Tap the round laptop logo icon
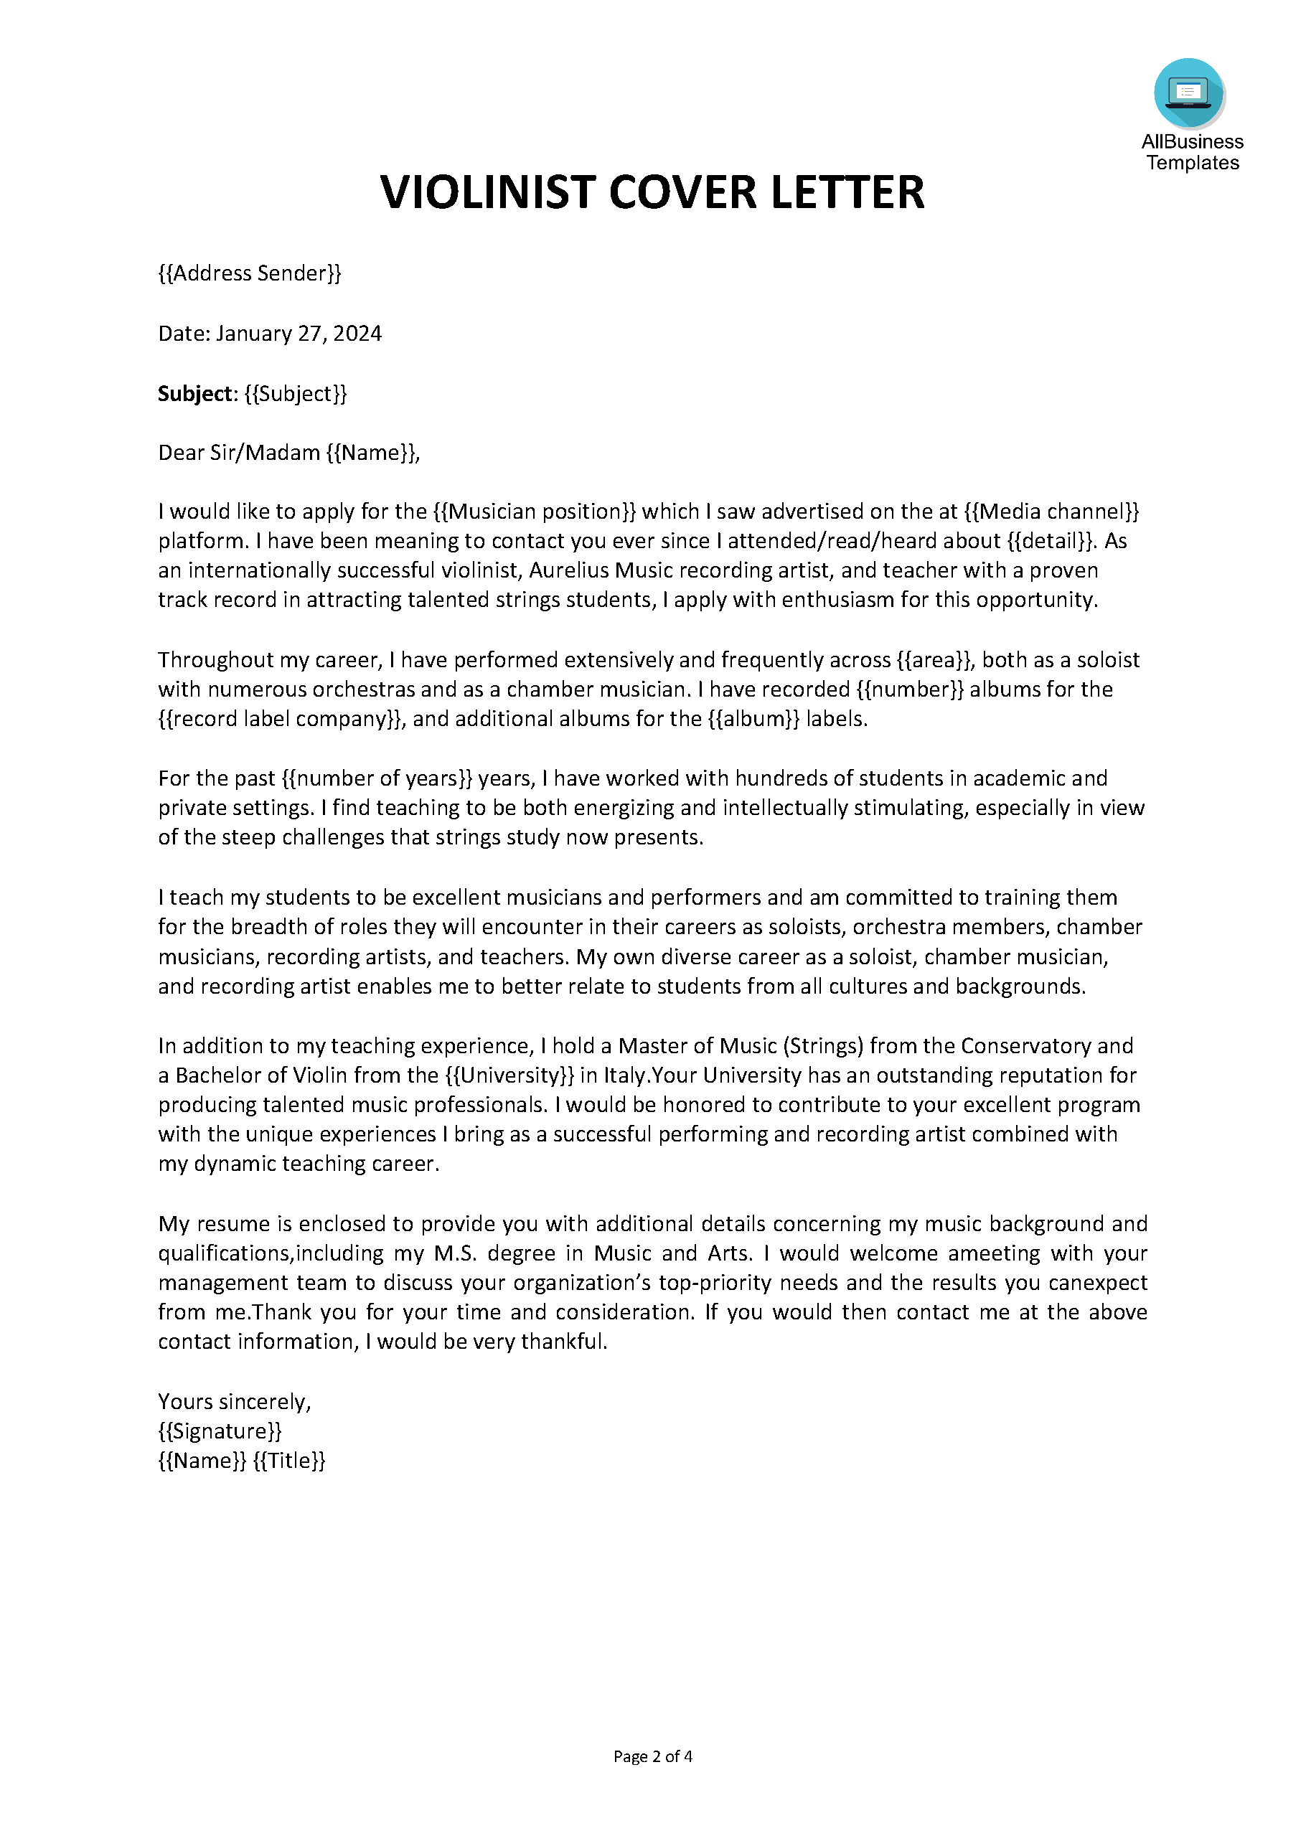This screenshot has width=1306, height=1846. pos(1188,93)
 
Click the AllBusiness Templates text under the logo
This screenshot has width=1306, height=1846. pos(1192,152)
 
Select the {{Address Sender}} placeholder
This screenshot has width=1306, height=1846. pos(249,273)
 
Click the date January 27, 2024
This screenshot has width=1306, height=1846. pos(299,334)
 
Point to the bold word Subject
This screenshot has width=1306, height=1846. pos(195,393)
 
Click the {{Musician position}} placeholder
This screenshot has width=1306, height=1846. pos(534,512)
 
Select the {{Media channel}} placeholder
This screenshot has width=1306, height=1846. pos(1052,512)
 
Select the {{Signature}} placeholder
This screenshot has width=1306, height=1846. pos(220,1431)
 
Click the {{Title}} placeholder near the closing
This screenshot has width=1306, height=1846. pos(288,1461)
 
